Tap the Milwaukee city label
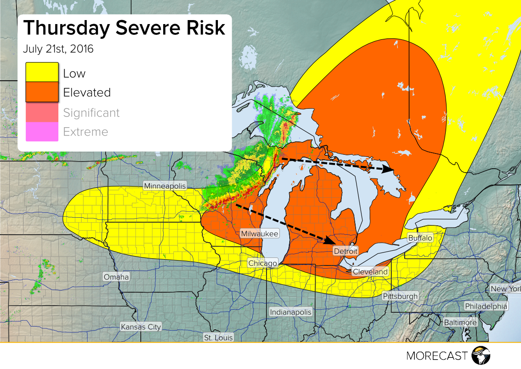click(x=259, y=234)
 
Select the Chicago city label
click(x=263, y=263)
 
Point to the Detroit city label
click(x=345, y=251)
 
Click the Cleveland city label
click(x=370, y=272)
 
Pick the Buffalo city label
click(x=420, y=238)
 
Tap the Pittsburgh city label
click(x=400, y=296)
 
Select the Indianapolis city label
click(x=290, y=312)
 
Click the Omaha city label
click(x=116, y=277)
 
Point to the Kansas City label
click(x=141, y=327)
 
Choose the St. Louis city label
click(x=218, y=338)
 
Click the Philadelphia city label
click(x=486, y=306)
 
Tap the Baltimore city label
click(x=460, y=322)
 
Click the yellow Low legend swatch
click(x=42, y=72)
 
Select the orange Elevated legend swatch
click(x=42, y=92)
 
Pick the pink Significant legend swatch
click(x=42, y=112)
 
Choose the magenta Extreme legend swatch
click(x=42, y=132)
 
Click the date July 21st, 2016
click(x=58, y=49)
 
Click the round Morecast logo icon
click(x=480, y=356)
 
